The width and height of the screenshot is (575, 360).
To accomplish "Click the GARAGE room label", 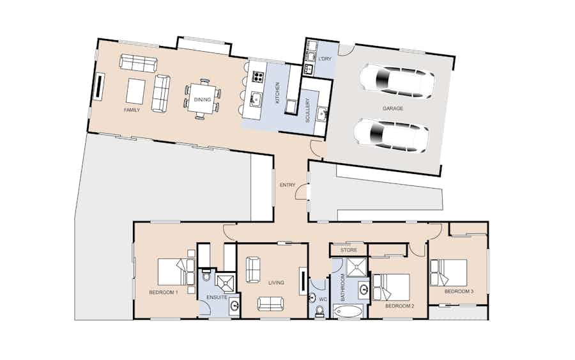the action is (393, 109).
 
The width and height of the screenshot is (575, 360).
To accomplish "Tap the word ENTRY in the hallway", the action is (287, 185).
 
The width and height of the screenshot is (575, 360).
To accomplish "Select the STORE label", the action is (349, 250).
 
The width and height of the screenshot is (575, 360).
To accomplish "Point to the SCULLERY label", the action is (308, 110).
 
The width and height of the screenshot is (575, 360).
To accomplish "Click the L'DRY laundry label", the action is (325, 59).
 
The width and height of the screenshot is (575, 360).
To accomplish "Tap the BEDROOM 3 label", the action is (459, 292).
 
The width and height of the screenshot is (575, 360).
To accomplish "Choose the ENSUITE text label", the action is (217, 297).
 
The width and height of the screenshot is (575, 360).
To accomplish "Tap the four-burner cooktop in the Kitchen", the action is (258, 77).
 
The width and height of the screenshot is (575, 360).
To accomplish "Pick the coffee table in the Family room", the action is (135, 91).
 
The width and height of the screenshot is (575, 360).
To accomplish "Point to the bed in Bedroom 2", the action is (391, 287).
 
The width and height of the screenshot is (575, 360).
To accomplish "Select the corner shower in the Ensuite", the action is (225, 282).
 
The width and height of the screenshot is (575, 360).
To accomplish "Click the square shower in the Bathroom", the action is (356, 267).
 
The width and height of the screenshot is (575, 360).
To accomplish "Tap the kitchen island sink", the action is (256, 98).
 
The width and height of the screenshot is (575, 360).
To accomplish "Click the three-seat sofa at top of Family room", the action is (139, 63).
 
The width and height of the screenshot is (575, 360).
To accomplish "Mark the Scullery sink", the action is (322, 113).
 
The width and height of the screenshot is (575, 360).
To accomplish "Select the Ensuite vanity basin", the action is (234, 305).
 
